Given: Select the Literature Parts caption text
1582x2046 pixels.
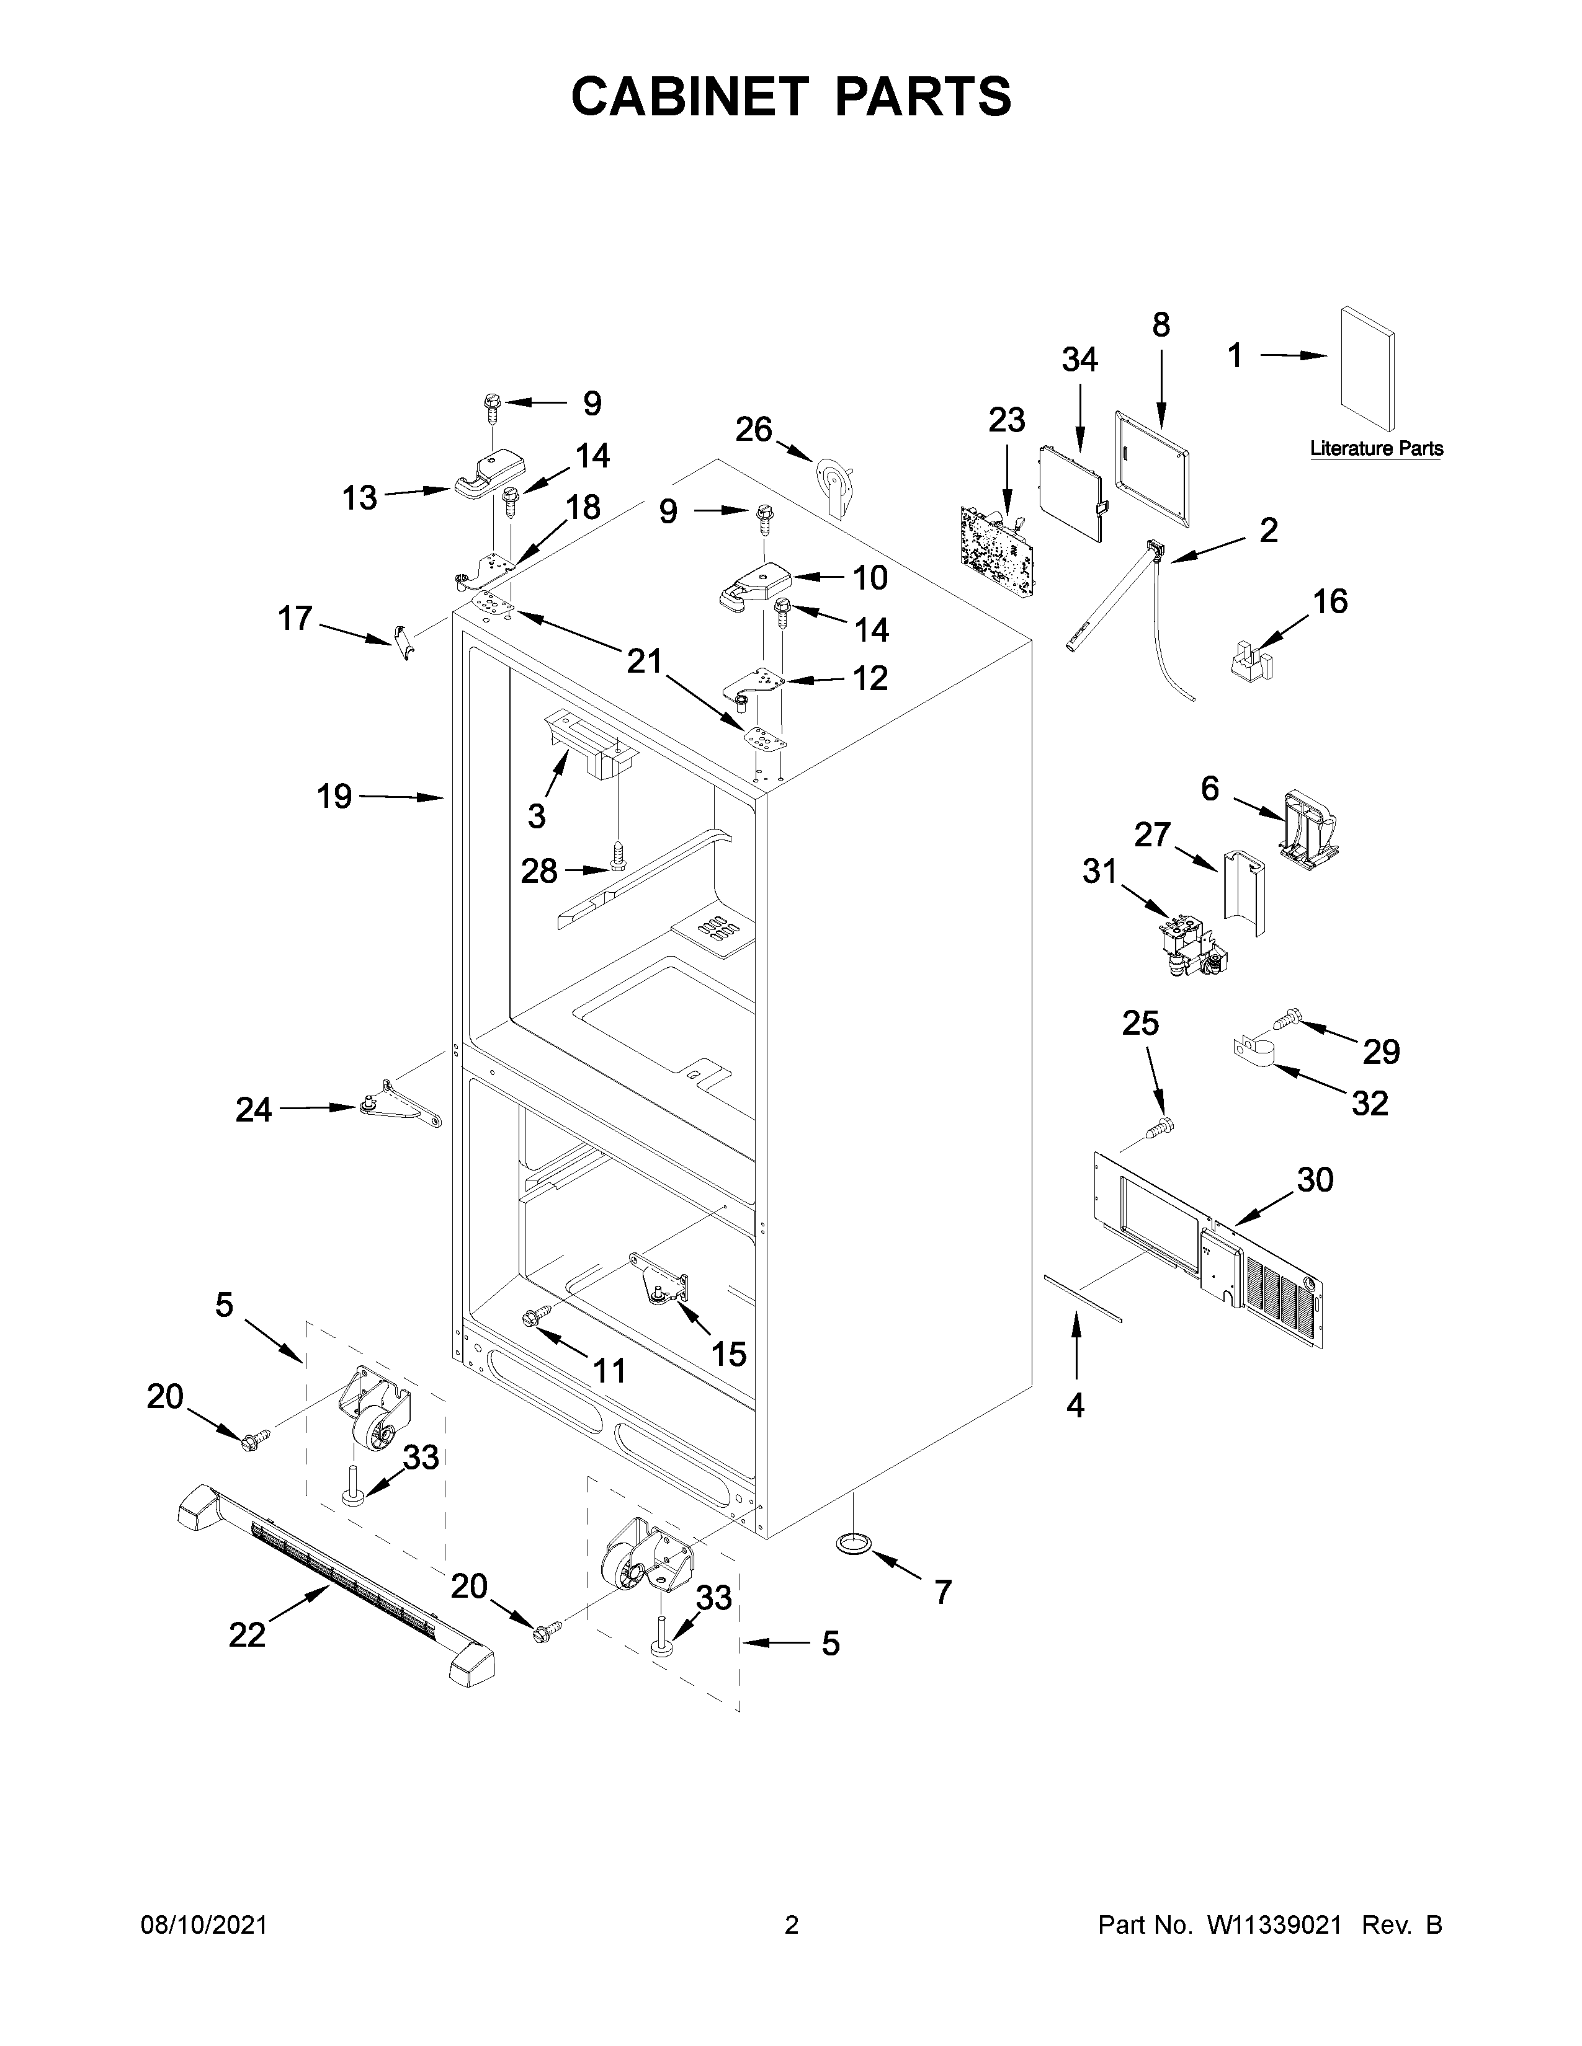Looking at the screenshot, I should point(1376,449).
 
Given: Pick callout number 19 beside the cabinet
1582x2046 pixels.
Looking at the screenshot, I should point(334,797).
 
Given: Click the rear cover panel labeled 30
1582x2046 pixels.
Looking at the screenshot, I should point(1209,1251).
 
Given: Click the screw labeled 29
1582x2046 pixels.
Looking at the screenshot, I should point(1287,1016).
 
